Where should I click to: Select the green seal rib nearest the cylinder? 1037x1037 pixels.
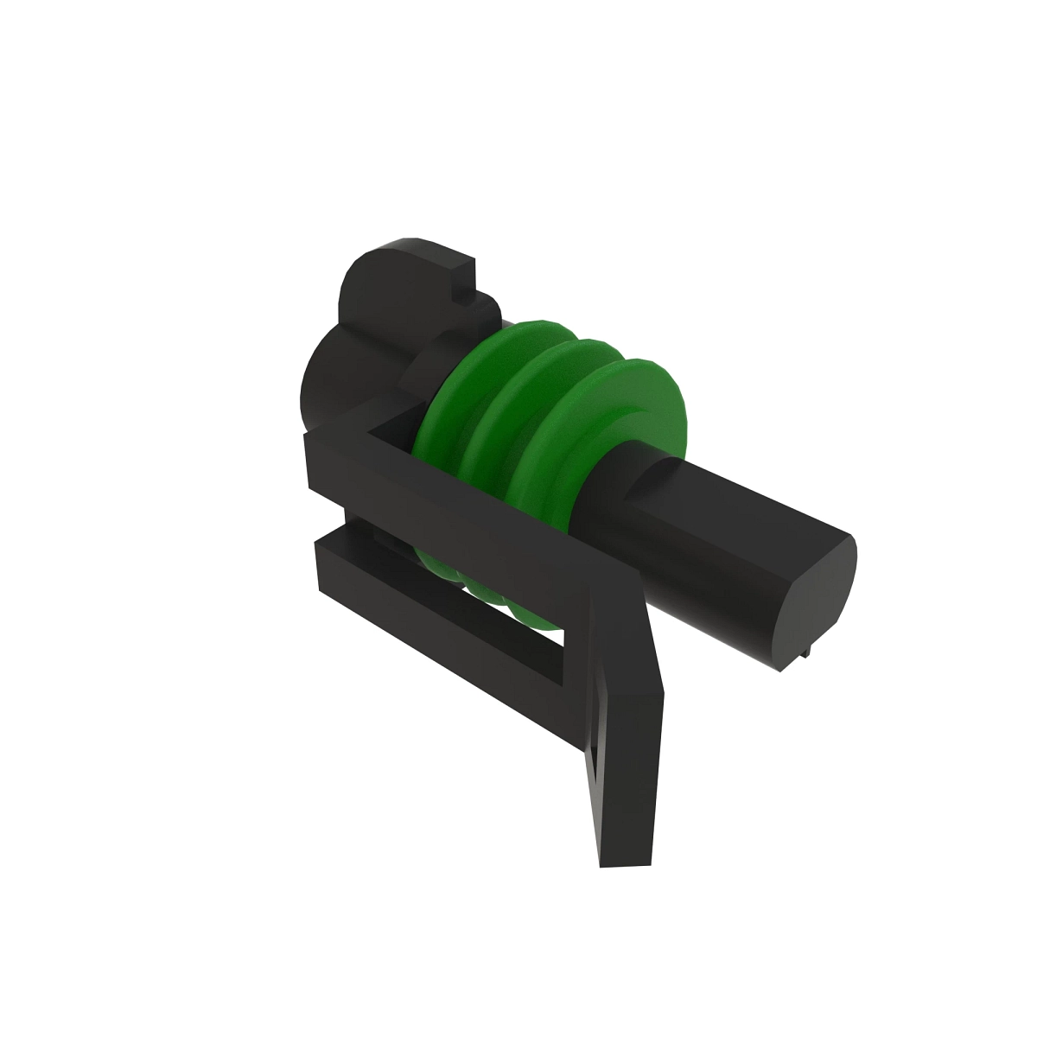(x=644, y=406)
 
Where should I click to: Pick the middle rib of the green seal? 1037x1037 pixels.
(x=570, y=380)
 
